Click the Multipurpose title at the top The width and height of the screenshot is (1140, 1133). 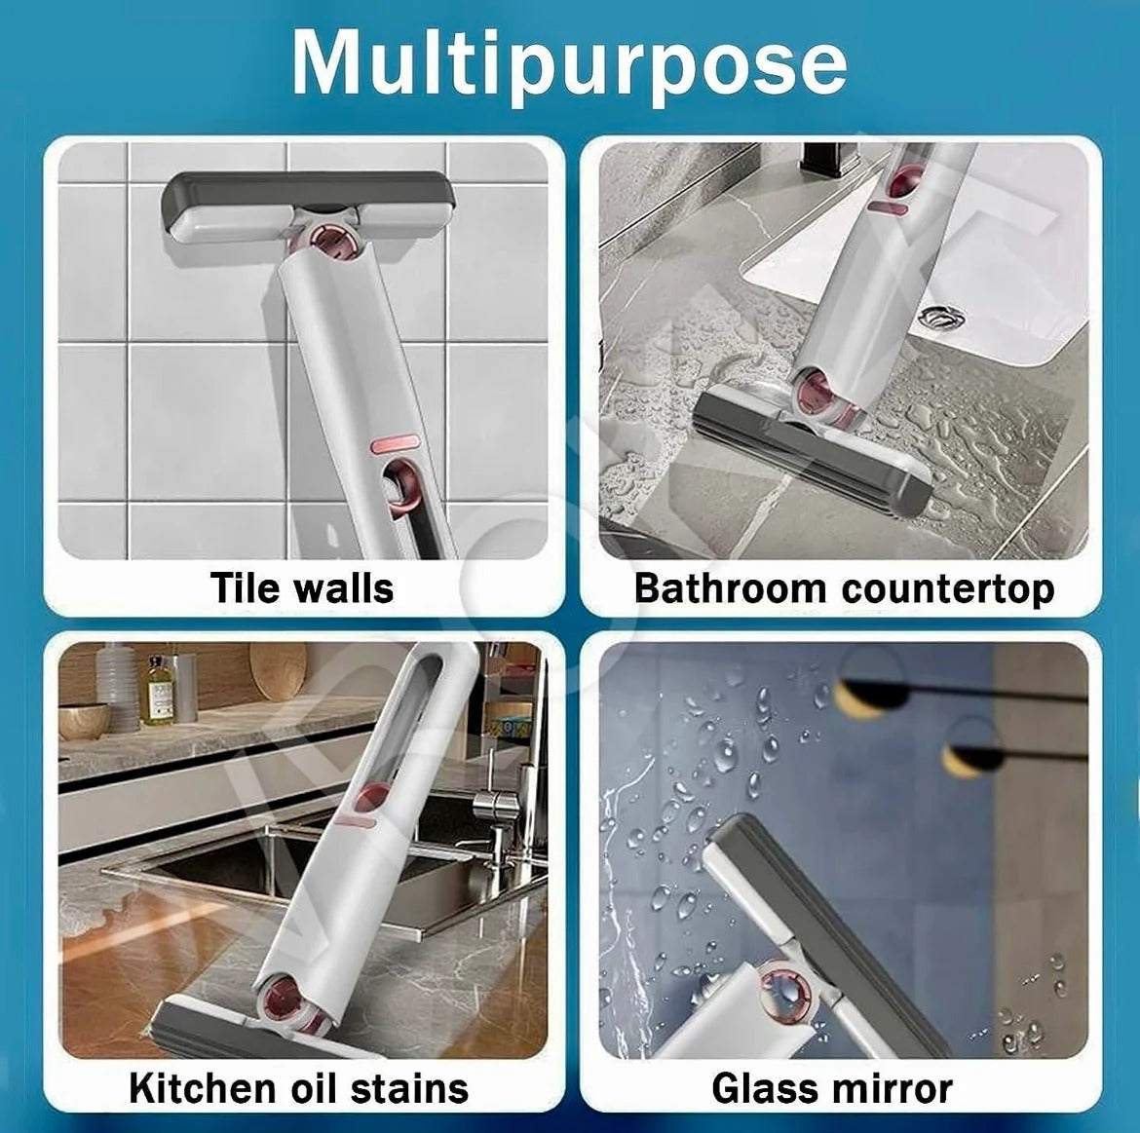pos(569,63)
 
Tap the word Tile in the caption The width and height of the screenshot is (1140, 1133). pos(244,587)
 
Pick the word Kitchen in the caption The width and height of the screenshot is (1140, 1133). pos(200,1087)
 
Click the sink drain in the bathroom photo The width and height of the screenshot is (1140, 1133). pos(940,317)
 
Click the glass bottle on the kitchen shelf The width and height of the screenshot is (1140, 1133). pos(157,690)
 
